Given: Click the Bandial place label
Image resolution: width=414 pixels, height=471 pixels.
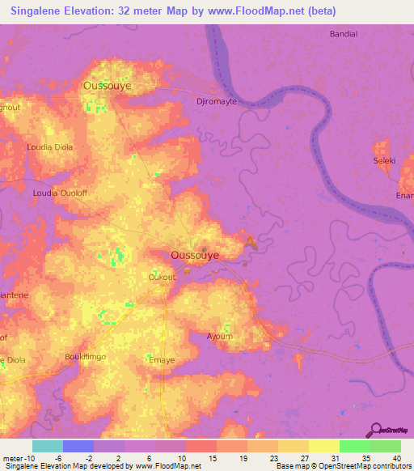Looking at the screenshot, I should [x=344, y=34].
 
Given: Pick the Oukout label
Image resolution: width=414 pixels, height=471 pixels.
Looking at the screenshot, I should [x=162, y=277].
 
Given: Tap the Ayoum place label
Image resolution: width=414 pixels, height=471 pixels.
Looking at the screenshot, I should [x=219, y=336].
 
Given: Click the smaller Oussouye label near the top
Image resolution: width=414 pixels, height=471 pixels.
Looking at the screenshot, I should [x=108, y=84].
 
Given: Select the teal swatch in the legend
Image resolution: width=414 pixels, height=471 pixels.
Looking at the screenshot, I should [x=48, y=446].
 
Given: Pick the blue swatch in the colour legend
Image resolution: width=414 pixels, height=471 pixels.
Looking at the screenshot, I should [x=78, y=446].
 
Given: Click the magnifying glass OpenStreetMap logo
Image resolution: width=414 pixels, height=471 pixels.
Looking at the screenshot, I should [x=374, y=430].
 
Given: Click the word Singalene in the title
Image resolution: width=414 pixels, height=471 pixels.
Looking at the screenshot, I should [x=38, y=11].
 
